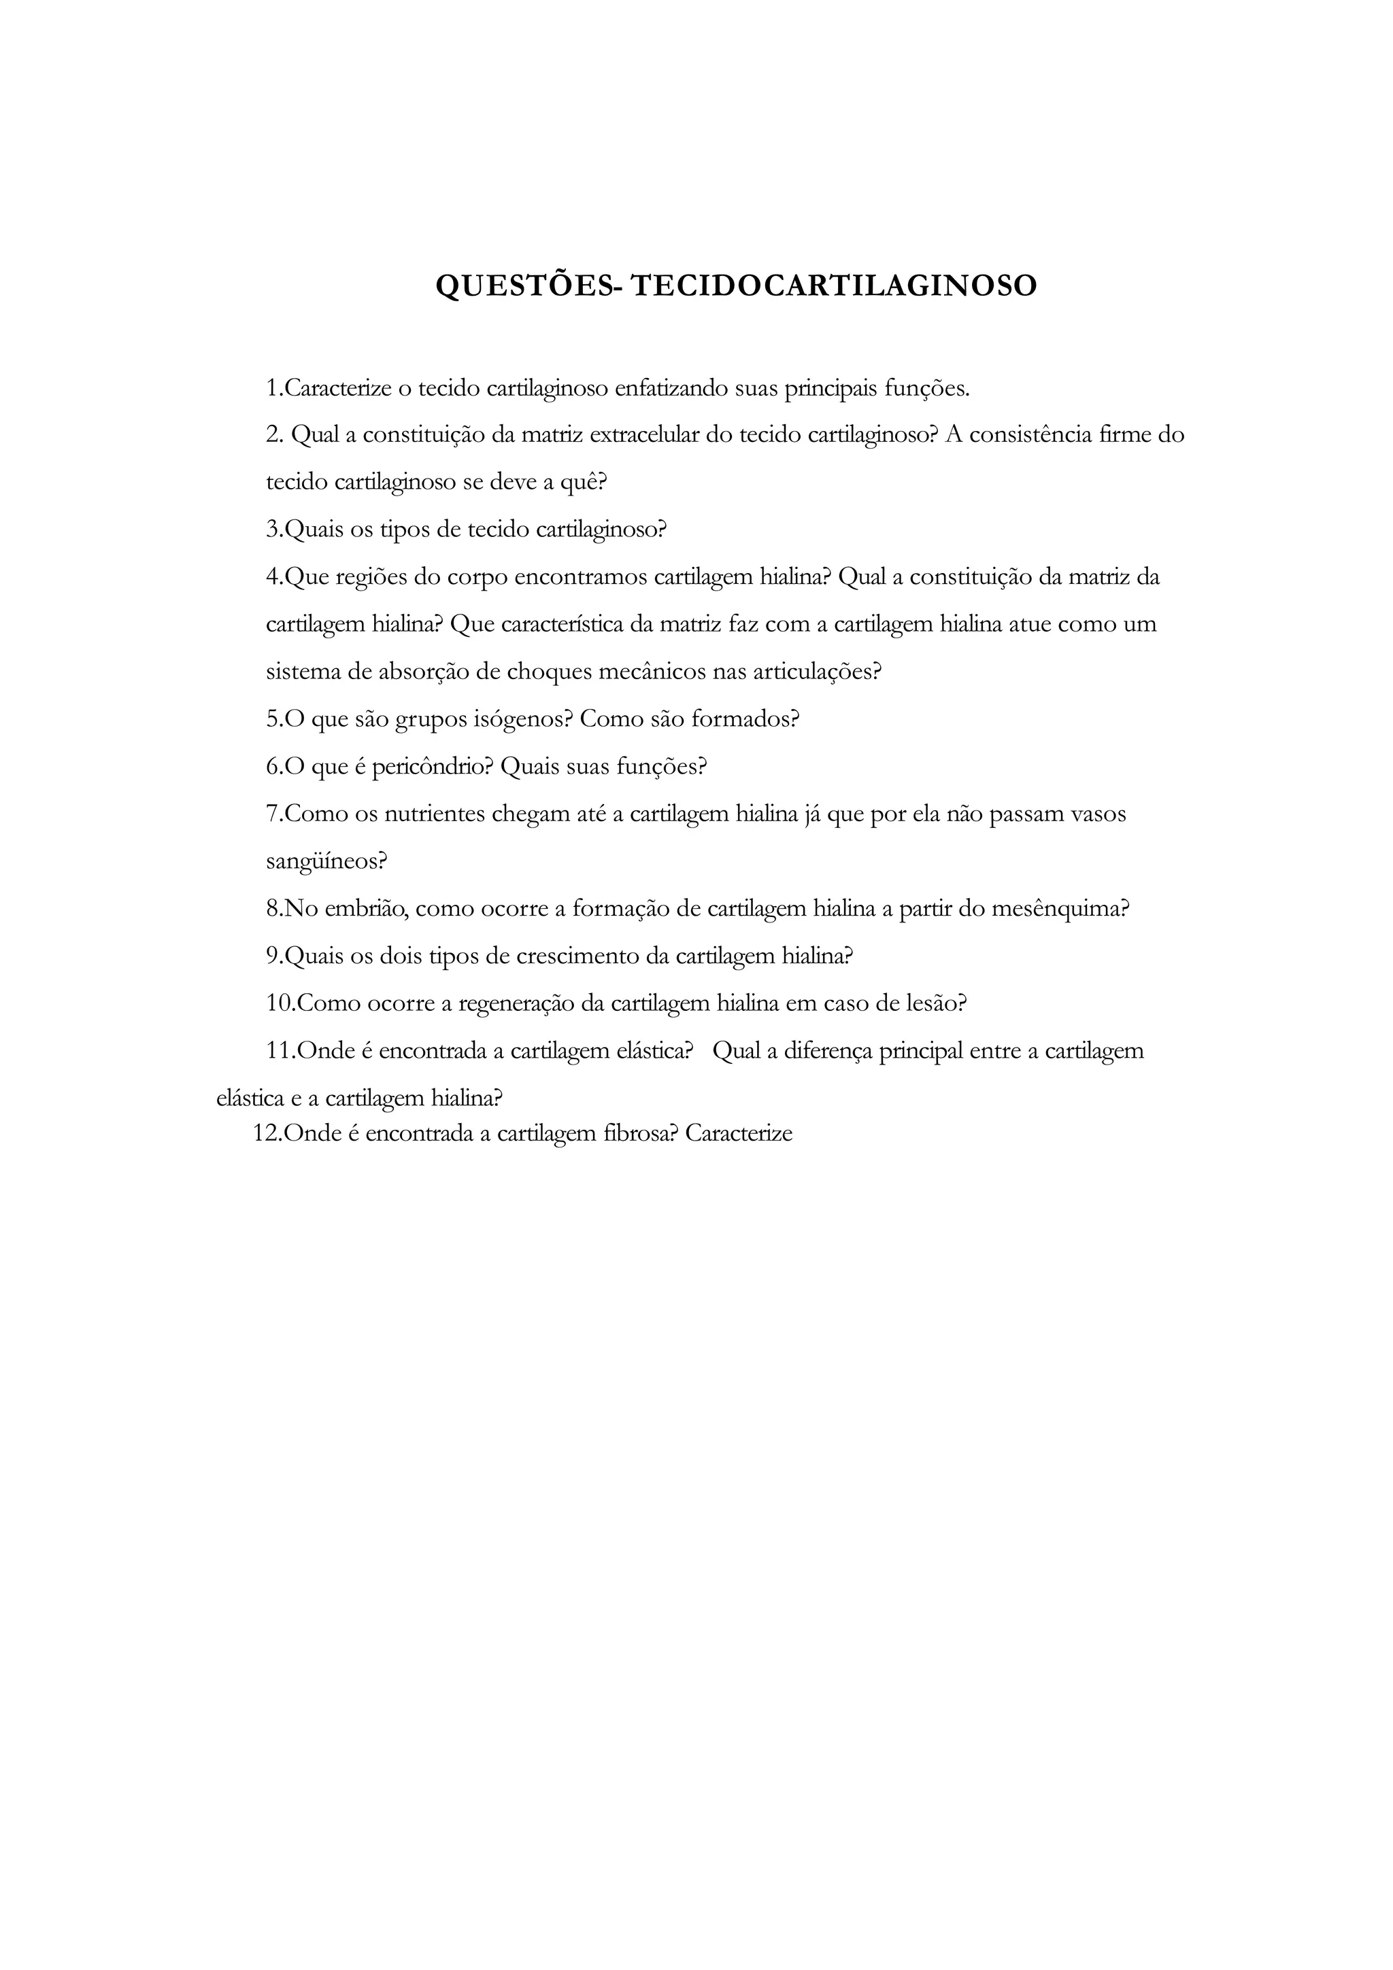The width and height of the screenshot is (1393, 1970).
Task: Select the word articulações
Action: click(x=816, y=672)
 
